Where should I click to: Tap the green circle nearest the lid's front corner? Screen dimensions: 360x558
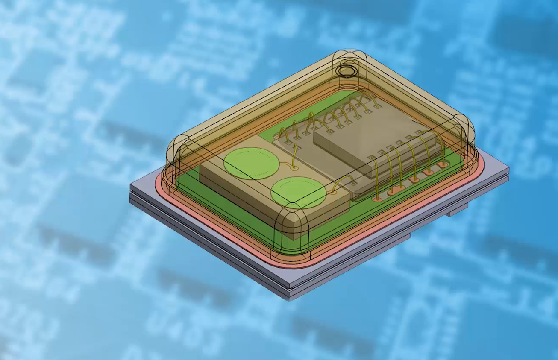[298, 192]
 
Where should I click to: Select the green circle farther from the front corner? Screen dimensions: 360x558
[252, 163]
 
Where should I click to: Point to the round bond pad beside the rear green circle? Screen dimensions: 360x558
[294, 168]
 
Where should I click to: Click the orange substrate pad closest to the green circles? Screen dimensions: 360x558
[377, 199]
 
